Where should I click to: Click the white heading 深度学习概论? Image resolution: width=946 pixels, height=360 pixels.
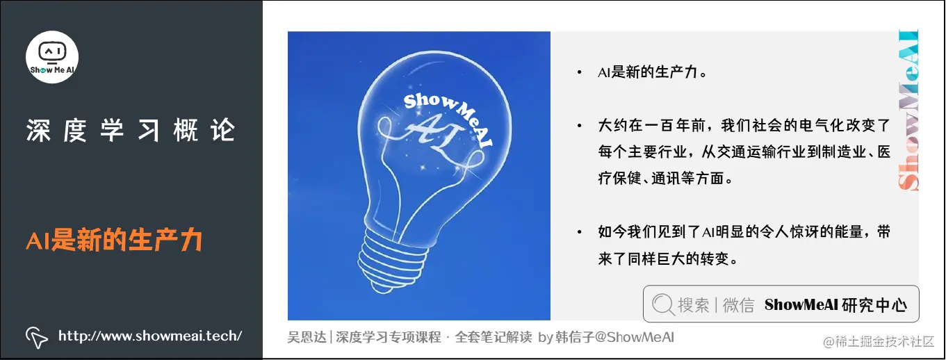pos(131,131)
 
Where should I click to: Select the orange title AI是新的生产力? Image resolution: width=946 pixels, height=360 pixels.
pos(114,240)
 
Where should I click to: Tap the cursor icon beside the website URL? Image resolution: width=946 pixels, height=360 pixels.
pos(36,336)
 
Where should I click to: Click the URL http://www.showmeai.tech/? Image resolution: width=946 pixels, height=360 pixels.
pos(150,336)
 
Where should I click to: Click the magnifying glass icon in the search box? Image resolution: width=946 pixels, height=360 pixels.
pos(663,304)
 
